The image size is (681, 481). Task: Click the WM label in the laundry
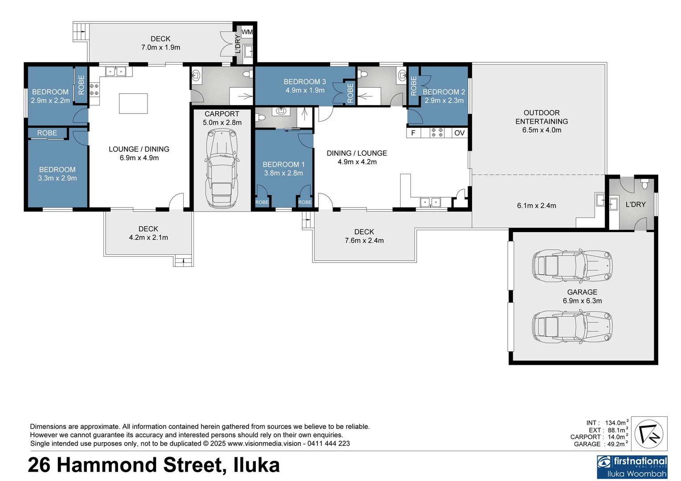tap(247, 32)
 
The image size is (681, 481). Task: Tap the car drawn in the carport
tap(222, 168)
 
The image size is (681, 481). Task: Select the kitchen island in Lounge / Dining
tap(133, 103)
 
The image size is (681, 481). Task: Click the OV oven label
tap(459, 133)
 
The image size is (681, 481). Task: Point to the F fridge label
tap(413, 133)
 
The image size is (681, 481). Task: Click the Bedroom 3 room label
tap(305, 82)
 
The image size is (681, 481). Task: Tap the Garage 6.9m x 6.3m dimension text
tap(582, 301)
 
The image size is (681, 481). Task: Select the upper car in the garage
tap(572, 266)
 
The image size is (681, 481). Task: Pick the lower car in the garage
tap(572, 326)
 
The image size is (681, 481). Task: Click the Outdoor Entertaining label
tap(542, 117)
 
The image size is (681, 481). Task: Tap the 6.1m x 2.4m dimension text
tap(537, 205)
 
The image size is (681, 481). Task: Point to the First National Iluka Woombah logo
tap(632, 467)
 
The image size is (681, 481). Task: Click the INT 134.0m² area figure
tap(615, 423)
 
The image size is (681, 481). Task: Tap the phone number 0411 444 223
tap(328, 444)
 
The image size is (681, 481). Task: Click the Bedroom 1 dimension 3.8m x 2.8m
tap(283, 173)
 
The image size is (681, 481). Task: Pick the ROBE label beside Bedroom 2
tap(413, 86)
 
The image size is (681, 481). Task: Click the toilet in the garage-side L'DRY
tap(644, 183)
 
